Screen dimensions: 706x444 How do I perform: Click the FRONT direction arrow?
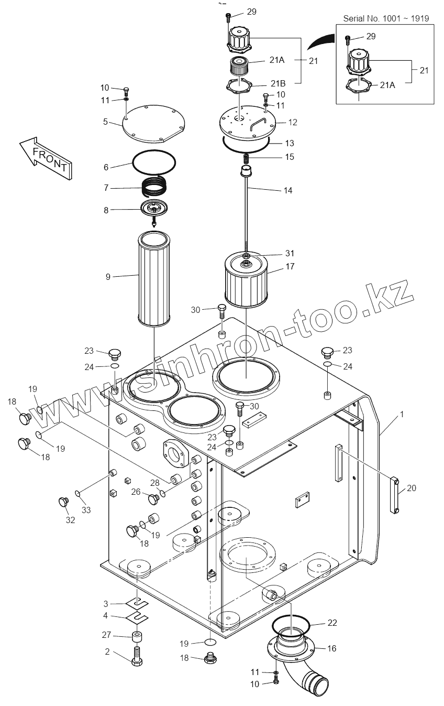click(x=46, y=156)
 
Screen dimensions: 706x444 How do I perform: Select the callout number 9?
click(x=108, y=276)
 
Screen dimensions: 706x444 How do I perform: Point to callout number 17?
click(x=290, y=266)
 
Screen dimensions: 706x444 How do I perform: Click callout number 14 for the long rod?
click(x=287, y=190)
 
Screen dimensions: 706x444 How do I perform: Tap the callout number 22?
click(x=332, y=623)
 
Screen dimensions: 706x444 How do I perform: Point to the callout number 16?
click(x=331, y=648)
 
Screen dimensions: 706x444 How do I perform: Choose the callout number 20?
click(x=412, y=488)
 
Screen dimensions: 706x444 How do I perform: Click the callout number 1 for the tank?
click(x=402, y=414)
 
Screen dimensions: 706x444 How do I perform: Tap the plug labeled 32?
click(x=64, y=502)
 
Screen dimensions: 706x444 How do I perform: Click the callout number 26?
click(x=136, y=491)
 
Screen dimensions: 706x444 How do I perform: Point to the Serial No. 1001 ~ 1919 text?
click(x=386, y=18)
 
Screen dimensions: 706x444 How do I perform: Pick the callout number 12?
click(x=293, y=122)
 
